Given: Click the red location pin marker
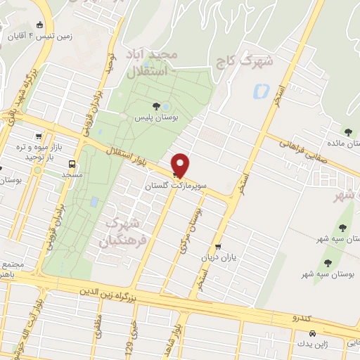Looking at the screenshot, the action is pyautogui.click(x=181, y=165).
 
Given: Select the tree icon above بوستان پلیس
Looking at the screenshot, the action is pyautogui.click(x=156, y=106).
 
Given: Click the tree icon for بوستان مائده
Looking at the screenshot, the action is pyautogui.click(x=348, y=131).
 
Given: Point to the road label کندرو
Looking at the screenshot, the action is pyautogui.click(x=305, y=318).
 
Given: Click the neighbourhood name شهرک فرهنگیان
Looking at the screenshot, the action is pyautogui.click(x=124, y=233).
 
